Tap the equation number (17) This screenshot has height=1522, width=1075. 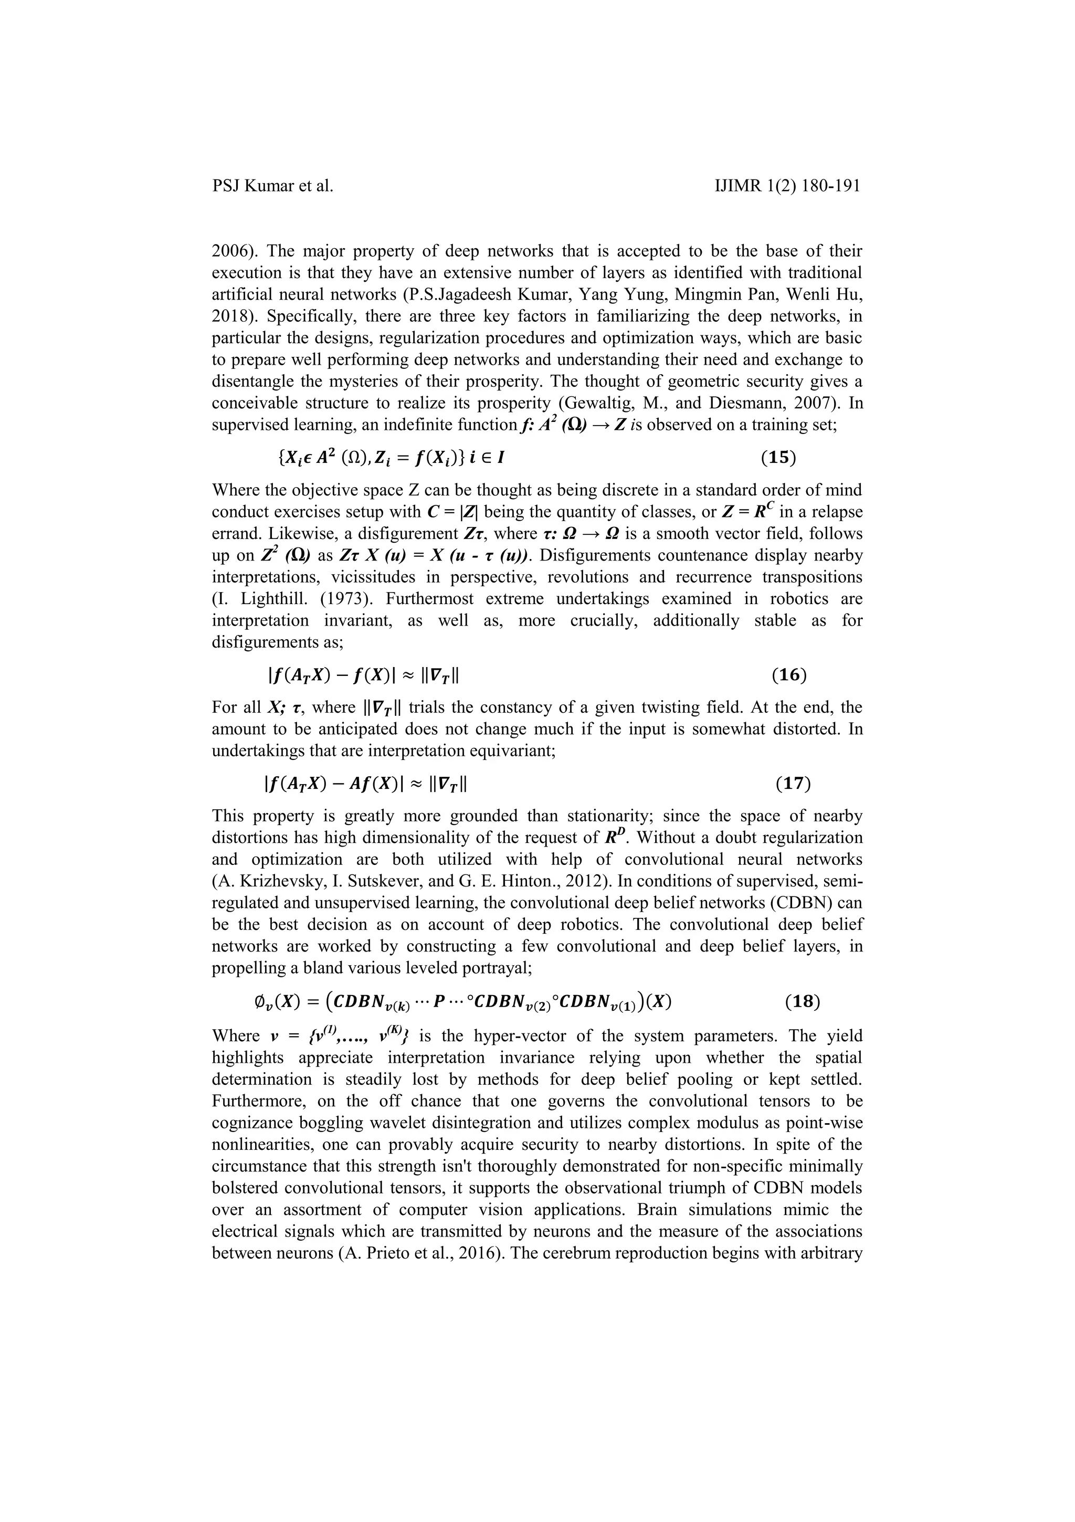pyautogui.click(x=793, y=784)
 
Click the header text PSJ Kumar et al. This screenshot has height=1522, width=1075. pyautogui.click(x=272, y=186)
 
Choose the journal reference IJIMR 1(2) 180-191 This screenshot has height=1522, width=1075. pyautogui.click(x=788, y=186)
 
